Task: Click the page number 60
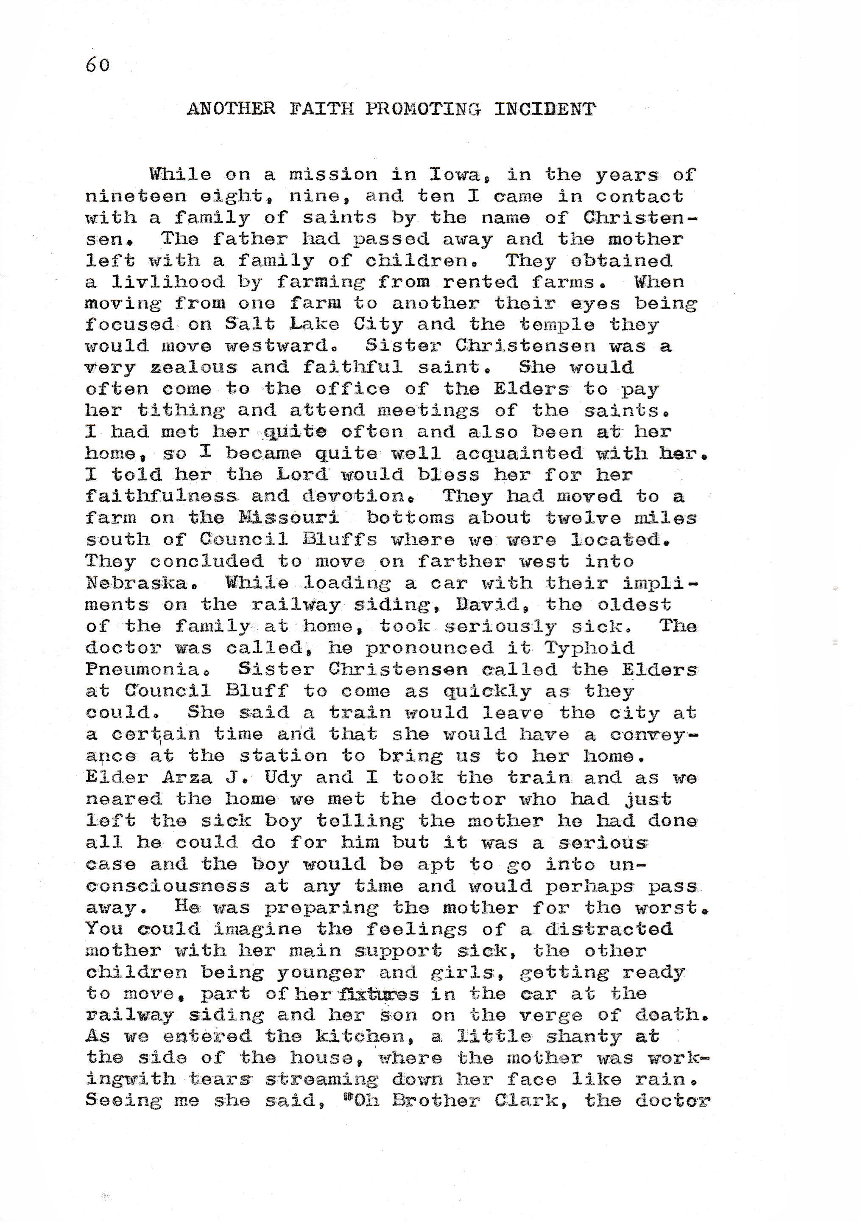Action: (x=98, y=65)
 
